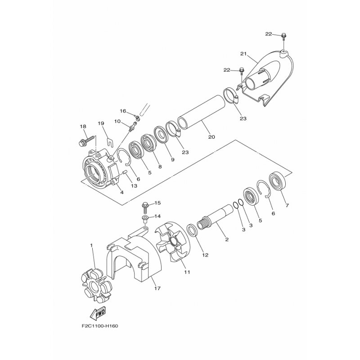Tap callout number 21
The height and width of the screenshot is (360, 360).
[244, 54]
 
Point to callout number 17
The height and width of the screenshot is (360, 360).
[156, 288]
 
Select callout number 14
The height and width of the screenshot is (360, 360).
[157, 216]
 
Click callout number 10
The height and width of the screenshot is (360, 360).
[117, 121]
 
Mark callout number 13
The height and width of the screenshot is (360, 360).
[134, 186]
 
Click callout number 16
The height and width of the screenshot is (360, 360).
[122, 111]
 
